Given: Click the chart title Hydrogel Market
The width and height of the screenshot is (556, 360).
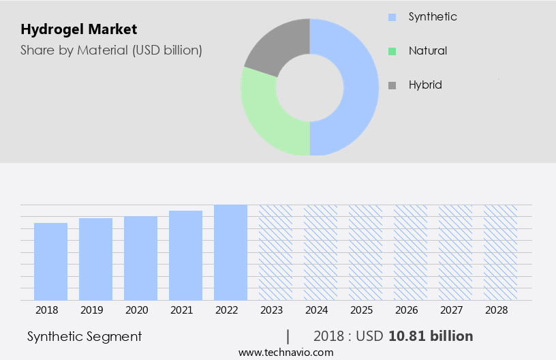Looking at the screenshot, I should point(78,29).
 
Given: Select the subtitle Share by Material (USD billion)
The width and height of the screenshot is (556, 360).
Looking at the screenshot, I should point(111,50).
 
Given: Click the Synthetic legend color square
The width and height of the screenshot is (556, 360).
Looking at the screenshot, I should point(392,16).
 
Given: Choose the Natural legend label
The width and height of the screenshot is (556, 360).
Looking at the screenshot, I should point(427,50).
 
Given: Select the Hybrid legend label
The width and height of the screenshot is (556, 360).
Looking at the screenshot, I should point(425,85).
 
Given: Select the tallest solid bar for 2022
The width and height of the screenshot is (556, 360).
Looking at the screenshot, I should point(230,252).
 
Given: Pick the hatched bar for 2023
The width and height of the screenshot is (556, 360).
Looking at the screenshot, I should point(275,252).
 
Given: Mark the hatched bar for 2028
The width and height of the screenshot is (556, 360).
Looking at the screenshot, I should point(500,252).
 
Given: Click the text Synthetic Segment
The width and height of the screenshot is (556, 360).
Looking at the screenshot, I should point(84,336).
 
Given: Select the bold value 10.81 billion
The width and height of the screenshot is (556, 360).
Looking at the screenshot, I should point(431,336).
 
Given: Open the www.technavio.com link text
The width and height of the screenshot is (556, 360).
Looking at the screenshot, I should point(286,352).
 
